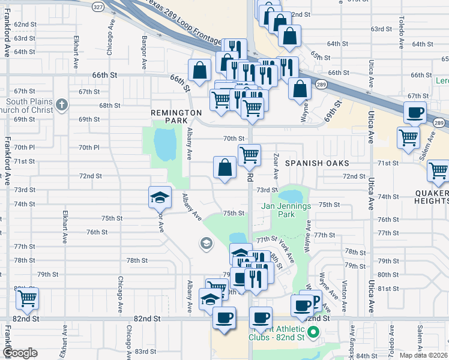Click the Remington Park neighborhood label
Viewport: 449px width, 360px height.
coord(176,116)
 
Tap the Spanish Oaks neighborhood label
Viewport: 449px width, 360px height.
coord(317,163)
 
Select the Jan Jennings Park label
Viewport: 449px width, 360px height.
coord(286,210)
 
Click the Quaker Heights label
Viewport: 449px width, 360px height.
coord(431,197)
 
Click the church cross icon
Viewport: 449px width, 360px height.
coord(61,106)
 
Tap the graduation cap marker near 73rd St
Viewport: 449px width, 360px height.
coord(160,197)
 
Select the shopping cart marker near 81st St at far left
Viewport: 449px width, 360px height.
coord(28,299)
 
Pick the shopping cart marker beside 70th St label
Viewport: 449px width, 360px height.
coord(249,155)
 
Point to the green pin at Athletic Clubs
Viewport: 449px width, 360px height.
coord(312,332)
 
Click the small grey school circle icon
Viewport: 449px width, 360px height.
coord(206,243)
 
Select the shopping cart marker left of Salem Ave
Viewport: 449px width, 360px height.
coord(408,137)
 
